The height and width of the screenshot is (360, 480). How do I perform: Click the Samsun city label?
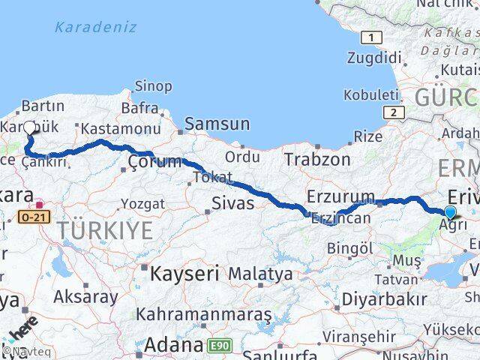(217, 124)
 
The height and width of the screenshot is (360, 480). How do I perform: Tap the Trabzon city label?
(317, 159)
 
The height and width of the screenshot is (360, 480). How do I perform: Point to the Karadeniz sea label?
(95, 27)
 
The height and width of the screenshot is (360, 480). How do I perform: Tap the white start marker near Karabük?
(30, 127)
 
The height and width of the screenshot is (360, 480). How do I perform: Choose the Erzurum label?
(340, 196)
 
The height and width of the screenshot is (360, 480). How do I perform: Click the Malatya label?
(260, 274)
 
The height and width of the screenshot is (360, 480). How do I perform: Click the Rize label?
(367, 136)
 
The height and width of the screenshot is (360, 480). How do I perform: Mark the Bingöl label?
(350, 247)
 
